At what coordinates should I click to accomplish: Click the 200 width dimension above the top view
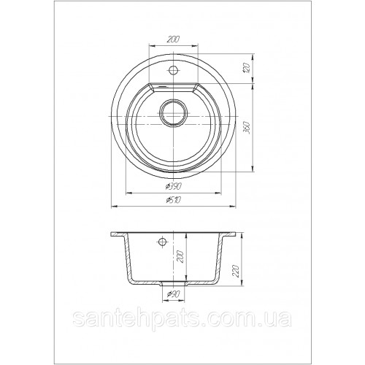click(x=173, y=39)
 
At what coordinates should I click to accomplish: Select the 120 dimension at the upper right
click(x=247, y=69)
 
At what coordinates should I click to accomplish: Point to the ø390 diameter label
click(x=174, y=187)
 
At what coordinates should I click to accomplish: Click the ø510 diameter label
click(x=173, y=200)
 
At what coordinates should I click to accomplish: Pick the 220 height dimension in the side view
click(x=237, y=271)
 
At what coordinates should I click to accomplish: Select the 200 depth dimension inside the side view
click(x=181, y=256)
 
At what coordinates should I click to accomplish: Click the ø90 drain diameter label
click(x=173, y=294)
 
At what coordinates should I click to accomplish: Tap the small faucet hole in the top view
click(x=173, y=70)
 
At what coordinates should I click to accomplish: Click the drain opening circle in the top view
click(x=174, y=112)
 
